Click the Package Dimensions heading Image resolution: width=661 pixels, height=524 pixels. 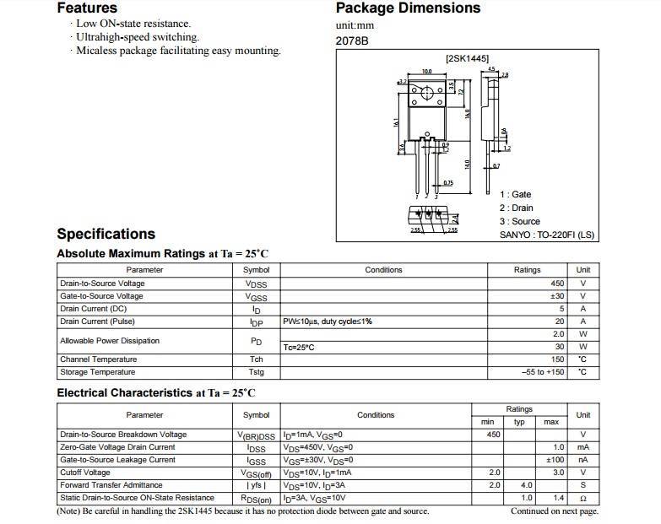point(408,8)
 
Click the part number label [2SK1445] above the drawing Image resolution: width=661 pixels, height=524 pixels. point(467,58)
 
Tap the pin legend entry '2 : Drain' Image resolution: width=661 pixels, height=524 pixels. point(516,208)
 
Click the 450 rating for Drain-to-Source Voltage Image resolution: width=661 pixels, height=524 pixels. point(557,284)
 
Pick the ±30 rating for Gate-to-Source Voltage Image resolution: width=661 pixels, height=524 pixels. point(557,296)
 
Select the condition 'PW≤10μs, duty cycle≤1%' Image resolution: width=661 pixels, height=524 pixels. point(328,321)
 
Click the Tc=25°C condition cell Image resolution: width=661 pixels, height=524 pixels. point(299,347)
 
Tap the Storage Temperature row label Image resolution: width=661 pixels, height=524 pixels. point(97,372)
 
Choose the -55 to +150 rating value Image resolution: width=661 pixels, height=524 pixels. point(543,372)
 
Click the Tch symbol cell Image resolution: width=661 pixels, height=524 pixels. point(257,359)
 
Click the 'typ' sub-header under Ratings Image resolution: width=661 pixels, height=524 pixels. point(519,421)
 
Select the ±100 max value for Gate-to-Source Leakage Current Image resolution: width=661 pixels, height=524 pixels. point(555,460)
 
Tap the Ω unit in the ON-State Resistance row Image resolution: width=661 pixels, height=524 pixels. point(582,498)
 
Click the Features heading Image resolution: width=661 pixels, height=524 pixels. point(87,8)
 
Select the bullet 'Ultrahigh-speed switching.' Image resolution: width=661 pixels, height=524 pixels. point(138,37)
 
